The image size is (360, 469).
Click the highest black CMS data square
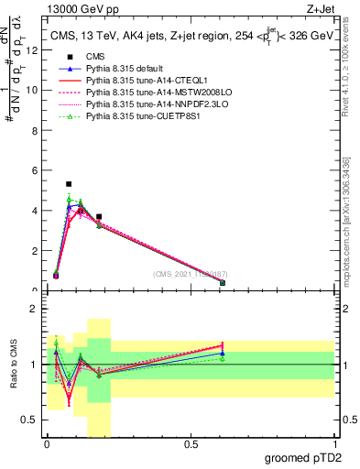69,184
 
